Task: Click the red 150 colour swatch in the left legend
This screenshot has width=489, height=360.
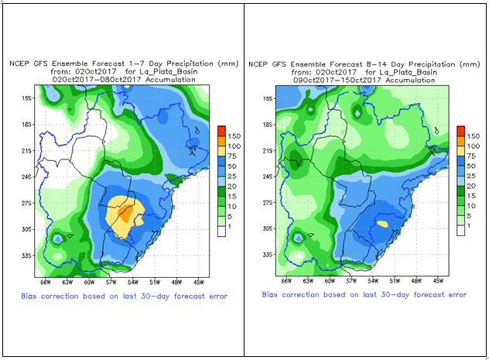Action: pyautogui.click(x=221, y=130)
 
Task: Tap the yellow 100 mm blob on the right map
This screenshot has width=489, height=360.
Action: pyautogui.click(x=382, y=223)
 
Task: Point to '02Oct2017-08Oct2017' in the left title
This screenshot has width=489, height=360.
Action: pyautogui.click(x=87, y=79)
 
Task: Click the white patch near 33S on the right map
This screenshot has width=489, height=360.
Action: pyautogui.click(x=300, y=256)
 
